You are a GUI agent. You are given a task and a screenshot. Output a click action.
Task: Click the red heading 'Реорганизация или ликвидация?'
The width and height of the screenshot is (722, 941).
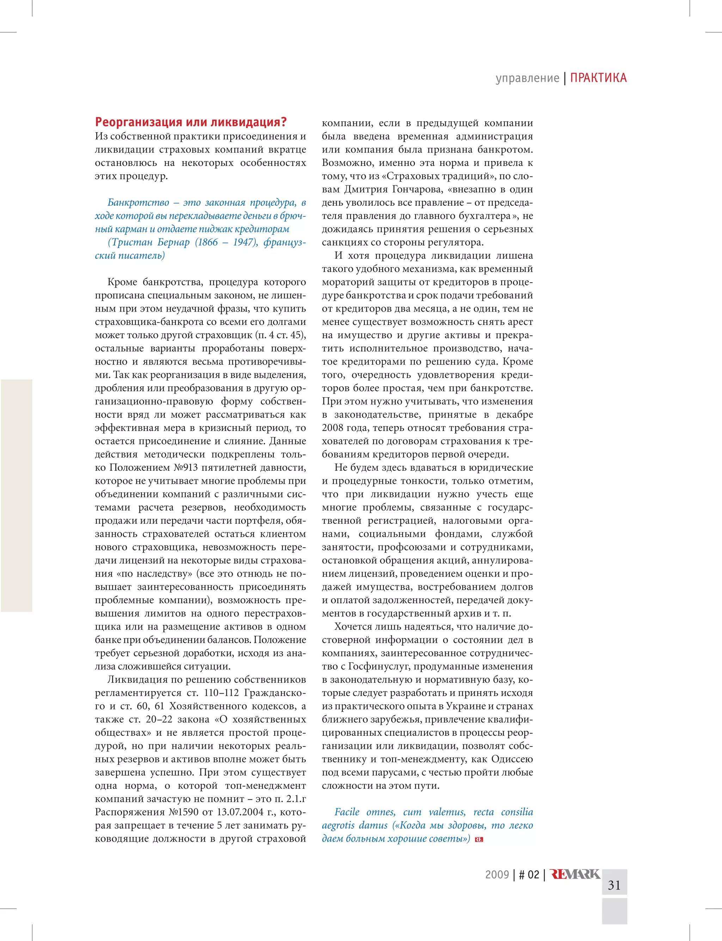[x=190, y=122]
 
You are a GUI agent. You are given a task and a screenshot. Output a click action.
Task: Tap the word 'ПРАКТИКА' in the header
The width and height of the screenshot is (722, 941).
[x=598, y=78]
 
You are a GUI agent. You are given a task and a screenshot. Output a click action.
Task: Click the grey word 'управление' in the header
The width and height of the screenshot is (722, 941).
[x=527, y=78]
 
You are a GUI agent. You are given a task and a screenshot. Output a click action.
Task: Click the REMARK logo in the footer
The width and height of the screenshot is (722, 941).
[x=575, y=874]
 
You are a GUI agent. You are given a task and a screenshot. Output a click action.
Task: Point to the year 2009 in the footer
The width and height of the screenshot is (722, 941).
[x=497, y=874]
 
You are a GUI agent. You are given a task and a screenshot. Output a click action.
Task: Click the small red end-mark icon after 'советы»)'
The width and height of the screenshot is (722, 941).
[x=479, y=839]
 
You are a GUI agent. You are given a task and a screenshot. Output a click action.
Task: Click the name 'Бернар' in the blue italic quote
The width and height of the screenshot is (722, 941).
[x=173, y=242]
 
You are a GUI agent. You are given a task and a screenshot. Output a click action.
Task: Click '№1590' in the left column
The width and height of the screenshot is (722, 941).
[x=185, y=812]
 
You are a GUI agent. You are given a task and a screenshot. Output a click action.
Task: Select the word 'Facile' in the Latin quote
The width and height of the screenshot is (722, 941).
[x=347, y=812]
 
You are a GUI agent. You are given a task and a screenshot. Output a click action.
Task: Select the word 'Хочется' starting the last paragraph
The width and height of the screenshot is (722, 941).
[x=353, y=627]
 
